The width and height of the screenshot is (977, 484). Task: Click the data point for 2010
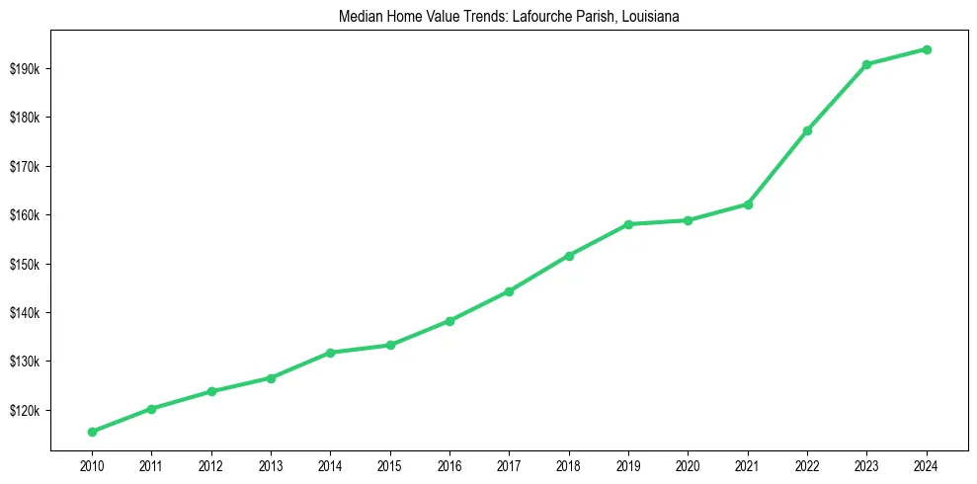click(x=92, y=432)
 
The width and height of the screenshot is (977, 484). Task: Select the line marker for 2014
click(x=330, y=353)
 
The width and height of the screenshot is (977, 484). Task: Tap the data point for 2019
click(x=628, y=224)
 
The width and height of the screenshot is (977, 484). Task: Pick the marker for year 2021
click(x=748, y=204)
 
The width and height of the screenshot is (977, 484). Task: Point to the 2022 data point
click(x=807, y=130)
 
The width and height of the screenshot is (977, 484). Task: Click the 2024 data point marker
click(x=927, y=49)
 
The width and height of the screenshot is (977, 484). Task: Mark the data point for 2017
click(x=509, y=291)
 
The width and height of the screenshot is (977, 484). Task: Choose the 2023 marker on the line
click(x=867, y=64)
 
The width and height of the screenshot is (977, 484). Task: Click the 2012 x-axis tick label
click(x=211, y=464)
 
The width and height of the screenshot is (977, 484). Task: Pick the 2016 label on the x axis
click(x=449, y=464)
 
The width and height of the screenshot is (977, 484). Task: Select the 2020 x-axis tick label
click(x=688, y=464)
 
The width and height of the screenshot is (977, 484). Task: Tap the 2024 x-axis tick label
click(x=927, y=464)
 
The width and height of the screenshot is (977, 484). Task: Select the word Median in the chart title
click(x=357, y=17)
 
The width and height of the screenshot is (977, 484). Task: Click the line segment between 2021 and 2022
click(x=777, y=168)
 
